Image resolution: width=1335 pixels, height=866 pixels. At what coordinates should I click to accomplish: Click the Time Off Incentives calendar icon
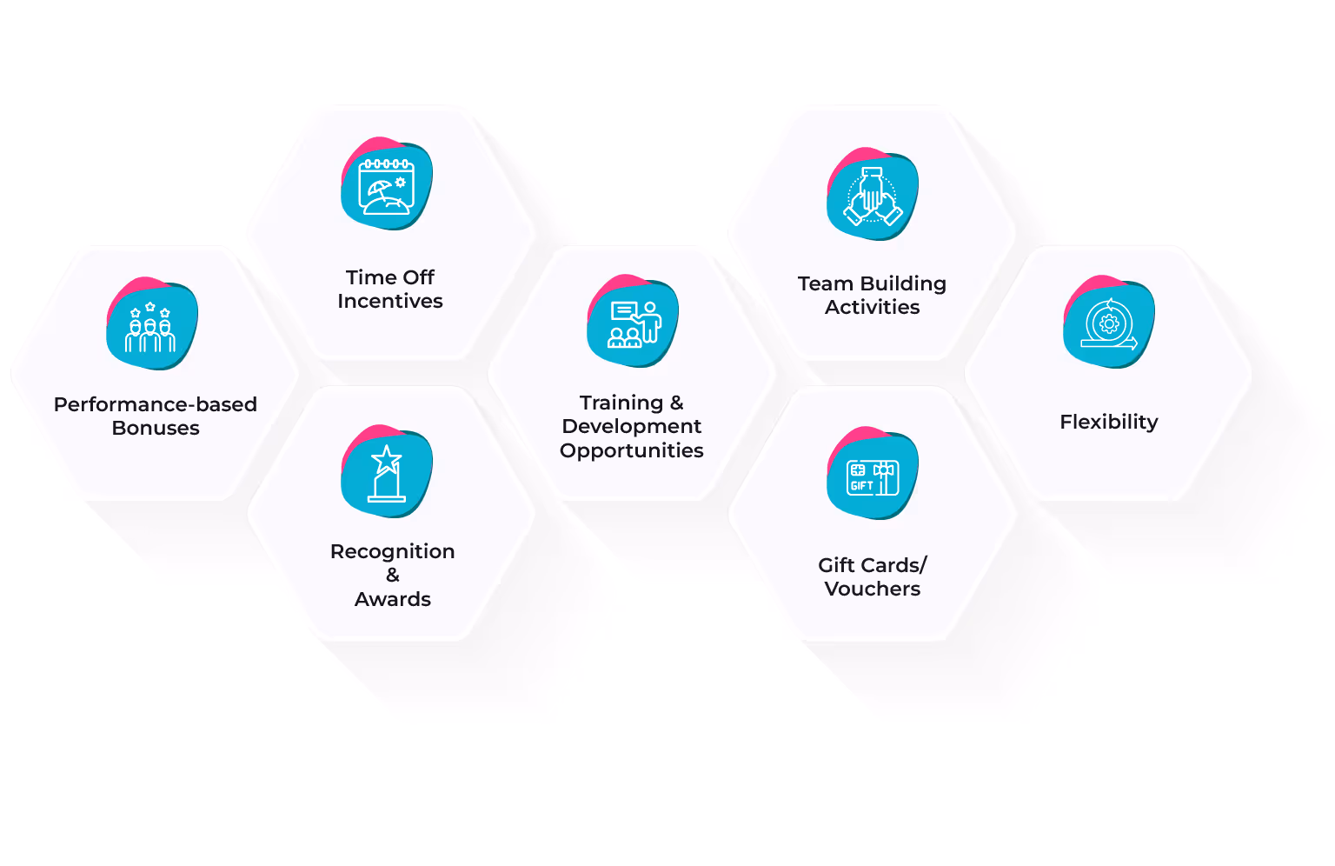click(x=387, y=185)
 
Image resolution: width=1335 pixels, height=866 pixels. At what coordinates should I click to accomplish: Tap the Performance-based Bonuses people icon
click(x=151, y=325)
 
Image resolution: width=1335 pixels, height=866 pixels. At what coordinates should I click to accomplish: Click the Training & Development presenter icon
click(x=634, y=323)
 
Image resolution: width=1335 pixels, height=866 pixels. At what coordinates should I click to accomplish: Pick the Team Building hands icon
click(x=873, y=197)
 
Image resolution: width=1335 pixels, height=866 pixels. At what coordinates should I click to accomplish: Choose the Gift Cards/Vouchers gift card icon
click(x=873, y=476)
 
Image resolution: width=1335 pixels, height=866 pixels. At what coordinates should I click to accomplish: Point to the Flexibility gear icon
click(x=1109, y=324)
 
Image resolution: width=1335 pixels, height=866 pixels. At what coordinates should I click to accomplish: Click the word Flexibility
click(x=1108, y=423)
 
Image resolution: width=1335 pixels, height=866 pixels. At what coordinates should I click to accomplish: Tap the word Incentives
click(x=390, y=302)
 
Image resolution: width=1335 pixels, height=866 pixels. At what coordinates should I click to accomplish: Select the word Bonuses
click(x=156, y=429)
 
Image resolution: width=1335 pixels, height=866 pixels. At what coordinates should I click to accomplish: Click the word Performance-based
click(x=156, y=405)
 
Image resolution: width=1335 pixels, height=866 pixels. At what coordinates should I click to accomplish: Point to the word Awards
click(x=393, y=600)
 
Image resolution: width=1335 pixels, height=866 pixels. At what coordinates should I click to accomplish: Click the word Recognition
click(x=393, y=552)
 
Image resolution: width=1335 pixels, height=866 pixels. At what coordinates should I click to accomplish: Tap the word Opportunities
click(x=632, y=451)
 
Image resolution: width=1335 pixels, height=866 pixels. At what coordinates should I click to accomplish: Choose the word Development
click(x=632, y=427)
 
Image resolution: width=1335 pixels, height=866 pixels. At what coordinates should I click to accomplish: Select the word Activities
click(x=873, y=308)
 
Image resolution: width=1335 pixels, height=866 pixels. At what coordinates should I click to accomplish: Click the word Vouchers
click(x=873, y=590)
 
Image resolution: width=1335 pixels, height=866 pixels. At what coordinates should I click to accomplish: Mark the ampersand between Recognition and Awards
click(x=393, y=576)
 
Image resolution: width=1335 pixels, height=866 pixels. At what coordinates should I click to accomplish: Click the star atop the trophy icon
click(x=387, y=458)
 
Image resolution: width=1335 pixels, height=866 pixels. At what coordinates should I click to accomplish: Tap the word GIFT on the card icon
click(x=861, y=486)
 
